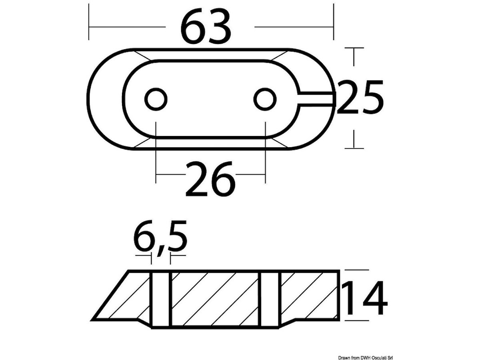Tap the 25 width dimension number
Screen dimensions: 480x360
click(x=360, y=97)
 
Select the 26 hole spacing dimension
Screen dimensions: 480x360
click(x=210, y=178)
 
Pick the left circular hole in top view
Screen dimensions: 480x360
click(x=156, y=99)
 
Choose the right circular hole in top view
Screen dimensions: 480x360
click(x=265, y=99)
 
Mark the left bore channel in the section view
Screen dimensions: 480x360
click(x=161, y=302)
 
